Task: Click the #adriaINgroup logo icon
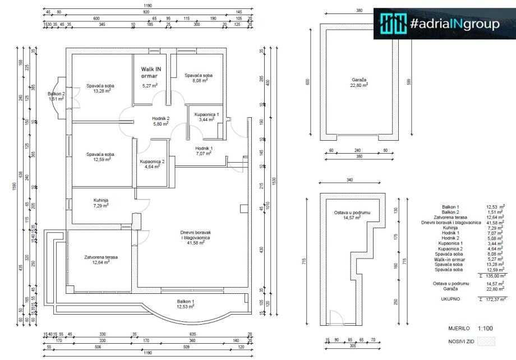(x=393, y=24)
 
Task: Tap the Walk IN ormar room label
(x=150, y=71)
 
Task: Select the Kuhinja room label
(x=100, y=200)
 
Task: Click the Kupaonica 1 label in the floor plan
(x=207, y=114)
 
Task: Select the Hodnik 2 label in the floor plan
(x=161, y=118)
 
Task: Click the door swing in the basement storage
(x=335, y=318)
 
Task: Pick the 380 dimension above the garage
(x=359, y=10)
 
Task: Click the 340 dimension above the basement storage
(x=349, y=180)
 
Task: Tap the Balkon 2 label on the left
(x=56, y=94)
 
